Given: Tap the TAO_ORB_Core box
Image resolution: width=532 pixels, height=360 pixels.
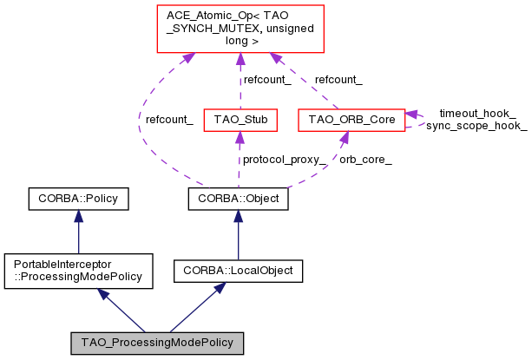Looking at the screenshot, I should [x=351, y=119].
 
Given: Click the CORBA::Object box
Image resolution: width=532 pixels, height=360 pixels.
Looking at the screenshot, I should [x=238, y=200].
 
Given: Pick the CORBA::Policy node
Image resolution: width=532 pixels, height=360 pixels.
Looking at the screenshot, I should [x=79, y=200].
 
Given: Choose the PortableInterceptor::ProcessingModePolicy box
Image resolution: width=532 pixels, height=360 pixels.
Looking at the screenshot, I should [x=79, y=271].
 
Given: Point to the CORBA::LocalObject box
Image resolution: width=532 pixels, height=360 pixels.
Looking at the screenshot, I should [x=238, y=271].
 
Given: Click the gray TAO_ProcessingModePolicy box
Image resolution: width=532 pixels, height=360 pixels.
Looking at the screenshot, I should [x=157, y=343].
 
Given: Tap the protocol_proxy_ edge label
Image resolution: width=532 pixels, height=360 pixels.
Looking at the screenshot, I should [x=285, y=160].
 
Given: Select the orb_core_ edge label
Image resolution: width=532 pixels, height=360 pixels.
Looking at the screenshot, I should [x=365, y=160].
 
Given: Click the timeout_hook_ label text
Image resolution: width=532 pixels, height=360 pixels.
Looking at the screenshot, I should [x=477, y=114].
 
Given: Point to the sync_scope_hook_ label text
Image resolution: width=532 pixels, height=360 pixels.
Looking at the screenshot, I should [x=476, y=127].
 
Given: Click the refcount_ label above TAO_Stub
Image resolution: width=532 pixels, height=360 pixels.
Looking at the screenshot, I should [x=267, y=79].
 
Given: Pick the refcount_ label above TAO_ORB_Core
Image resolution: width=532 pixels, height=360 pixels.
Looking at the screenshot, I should [x=338, y=79].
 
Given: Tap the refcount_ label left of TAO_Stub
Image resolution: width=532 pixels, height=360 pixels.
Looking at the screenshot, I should [x=169, y=119].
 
